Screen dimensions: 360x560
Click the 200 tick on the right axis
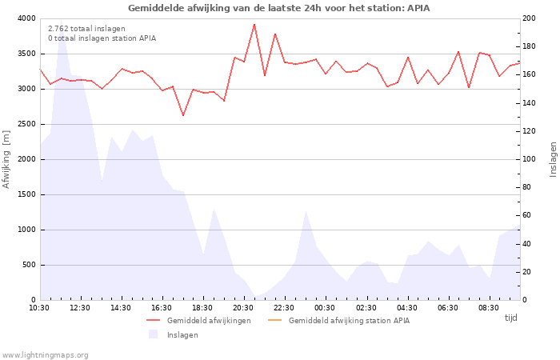pos(530,18)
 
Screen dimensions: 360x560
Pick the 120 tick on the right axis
pos(530,131)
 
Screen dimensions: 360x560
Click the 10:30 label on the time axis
pos(39,307)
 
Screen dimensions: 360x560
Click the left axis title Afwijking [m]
pos(6,159)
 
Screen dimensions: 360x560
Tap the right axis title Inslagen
pos(553,159)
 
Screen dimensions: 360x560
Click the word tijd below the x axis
pos(510,318)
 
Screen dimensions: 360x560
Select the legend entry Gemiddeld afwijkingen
pos(209,321)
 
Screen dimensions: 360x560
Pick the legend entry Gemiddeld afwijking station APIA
pos(349,321)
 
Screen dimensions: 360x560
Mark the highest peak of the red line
pos(254,24)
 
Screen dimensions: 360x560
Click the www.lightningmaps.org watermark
pos(46,355)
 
